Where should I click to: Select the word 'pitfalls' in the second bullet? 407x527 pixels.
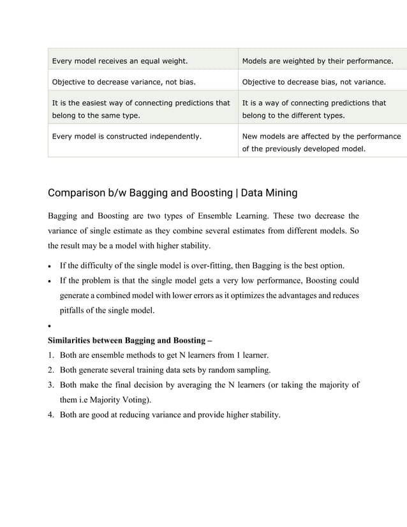coord(74,311)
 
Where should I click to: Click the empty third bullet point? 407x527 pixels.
coord(50,326)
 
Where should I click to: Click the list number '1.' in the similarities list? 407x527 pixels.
coord(51,355)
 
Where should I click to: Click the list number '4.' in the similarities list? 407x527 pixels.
coord(51,415)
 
